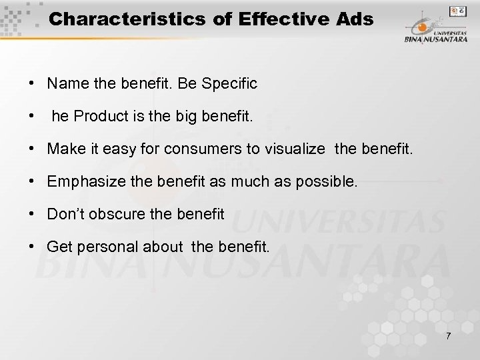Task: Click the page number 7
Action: [448, 335]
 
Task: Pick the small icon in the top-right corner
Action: [457, 11]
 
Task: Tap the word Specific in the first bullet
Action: [229, 84]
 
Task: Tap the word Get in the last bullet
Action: [59, 247]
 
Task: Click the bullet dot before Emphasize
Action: [32, 181]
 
